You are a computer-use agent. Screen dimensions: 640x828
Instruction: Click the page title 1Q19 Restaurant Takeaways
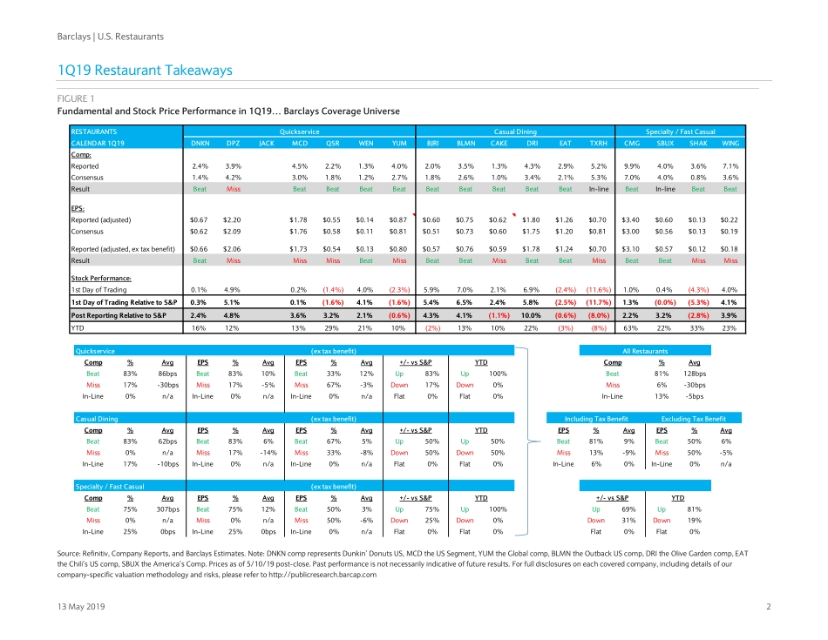tap(144, 70)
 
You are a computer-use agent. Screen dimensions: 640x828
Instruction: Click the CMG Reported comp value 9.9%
tap(633, 165)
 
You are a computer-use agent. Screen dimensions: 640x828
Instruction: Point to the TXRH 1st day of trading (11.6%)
tap(598, 289)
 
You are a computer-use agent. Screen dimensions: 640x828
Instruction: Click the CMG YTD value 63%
tap(633, 327)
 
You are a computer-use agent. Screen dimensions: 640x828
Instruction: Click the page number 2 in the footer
tap(769, 606)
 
